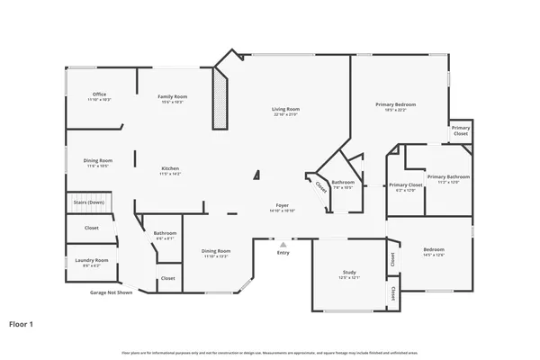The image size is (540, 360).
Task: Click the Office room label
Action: (x=100, y=94)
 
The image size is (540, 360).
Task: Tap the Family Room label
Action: (x=173, y=96)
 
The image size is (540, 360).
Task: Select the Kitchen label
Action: (x=170, y=169)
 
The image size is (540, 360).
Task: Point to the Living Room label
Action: (x=285, y=110)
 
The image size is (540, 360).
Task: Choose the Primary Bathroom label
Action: (x=448, y=176)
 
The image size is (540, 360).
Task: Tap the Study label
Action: (x=349, y=272)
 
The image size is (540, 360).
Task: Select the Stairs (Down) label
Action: (x=89, y=203)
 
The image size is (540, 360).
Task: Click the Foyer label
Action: (x=282, y=206)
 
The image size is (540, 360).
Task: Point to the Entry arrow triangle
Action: (x=283, y=243)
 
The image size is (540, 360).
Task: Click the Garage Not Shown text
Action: (x=111, y=292)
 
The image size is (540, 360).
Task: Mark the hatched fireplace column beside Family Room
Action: (x=220, y=102)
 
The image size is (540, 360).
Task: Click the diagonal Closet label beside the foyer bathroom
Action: (x=320, y=187)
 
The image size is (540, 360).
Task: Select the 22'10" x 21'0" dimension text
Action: (x=285, y=115)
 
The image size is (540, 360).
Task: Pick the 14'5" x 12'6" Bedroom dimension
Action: (x=434, y=256)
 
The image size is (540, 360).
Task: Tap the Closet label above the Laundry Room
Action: (x=92, y=228)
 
